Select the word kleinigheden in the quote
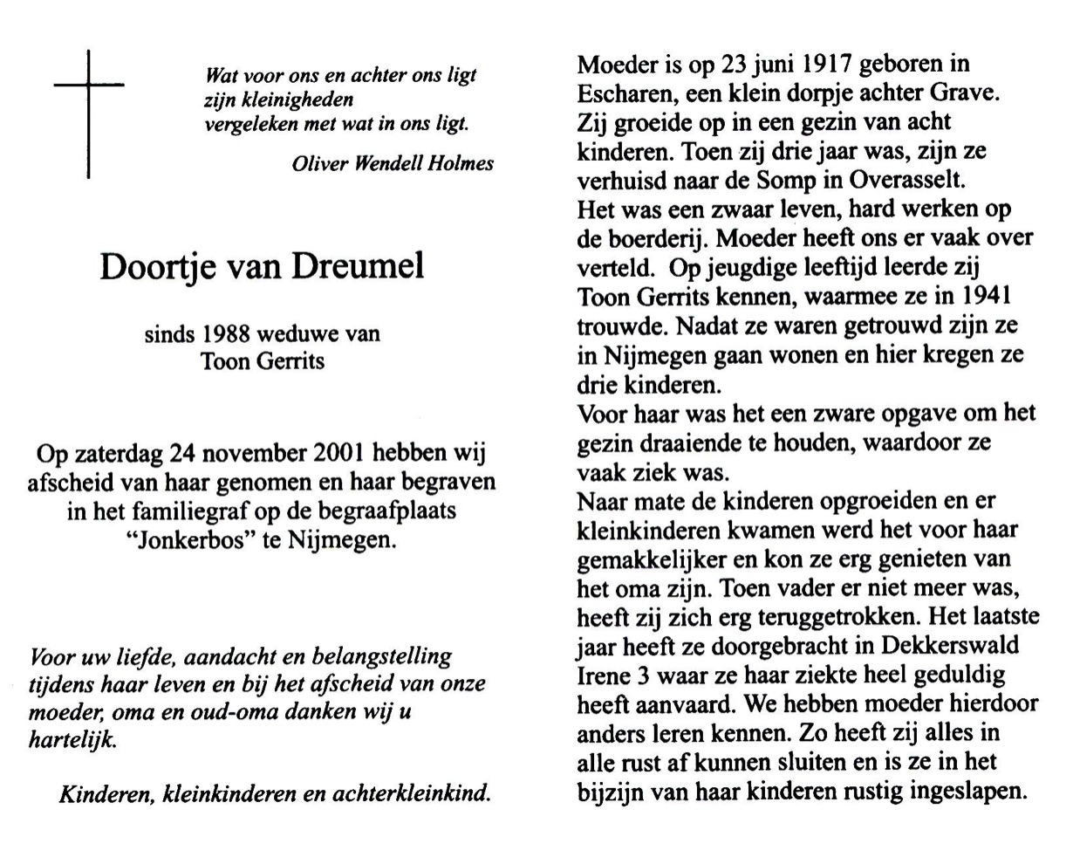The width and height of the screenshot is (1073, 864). [x=278, y=99]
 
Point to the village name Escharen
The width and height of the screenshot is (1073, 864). [x=621, y=93]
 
